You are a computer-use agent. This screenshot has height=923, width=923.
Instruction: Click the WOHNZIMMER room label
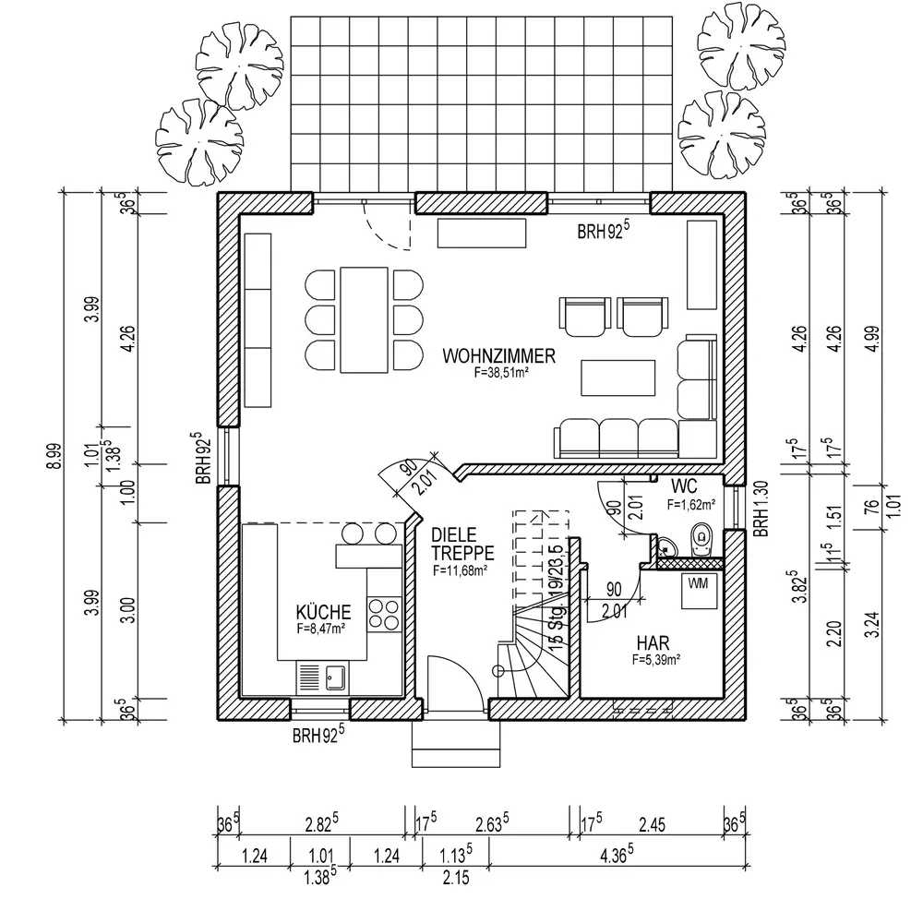498,356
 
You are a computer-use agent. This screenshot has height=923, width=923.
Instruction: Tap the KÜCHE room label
323,612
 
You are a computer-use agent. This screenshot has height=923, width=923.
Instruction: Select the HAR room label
652,642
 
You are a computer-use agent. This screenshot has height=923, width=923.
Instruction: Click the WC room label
684,485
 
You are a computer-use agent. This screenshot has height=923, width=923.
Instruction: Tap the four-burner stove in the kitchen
383,616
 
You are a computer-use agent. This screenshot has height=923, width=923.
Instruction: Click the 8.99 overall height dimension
55,457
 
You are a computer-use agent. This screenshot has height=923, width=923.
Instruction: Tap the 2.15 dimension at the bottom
455,879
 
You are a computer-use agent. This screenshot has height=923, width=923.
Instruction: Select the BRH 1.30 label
760,509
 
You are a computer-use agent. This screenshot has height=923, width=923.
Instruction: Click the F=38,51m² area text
498,373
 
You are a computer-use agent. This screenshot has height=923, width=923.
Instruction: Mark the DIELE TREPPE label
462,545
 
